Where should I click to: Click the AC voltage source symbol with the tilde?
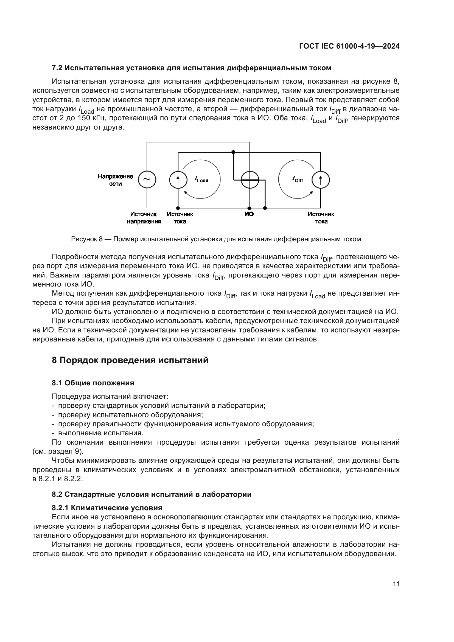[147, 180]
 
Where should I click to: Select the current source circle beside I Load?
[178, 180]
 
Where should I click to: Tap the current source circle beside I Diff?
[321, 180]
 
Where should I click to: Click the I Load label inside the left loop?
[201, 179]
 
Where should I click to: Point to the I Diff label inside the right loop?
[298, 179]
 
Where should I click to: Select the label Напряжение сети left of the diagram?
[116, 180]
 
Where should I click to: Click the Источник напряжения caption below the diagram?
[144, 218]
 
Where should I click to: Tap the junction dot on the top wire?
[233, 152]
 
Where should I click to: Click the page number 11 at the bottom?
[396, 584]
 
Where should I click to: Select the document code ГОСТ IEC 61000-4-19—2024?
[349, 46]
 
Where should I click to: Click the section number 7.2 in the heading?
[57, 68]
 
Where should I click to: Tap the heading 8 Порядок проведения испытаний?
[130, 360]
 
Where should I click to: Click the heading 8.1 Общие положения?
[93, 383]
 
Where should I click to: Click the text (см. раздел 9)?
[58, 451]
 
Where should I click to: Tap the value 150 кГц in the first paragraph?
[91, 118]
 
